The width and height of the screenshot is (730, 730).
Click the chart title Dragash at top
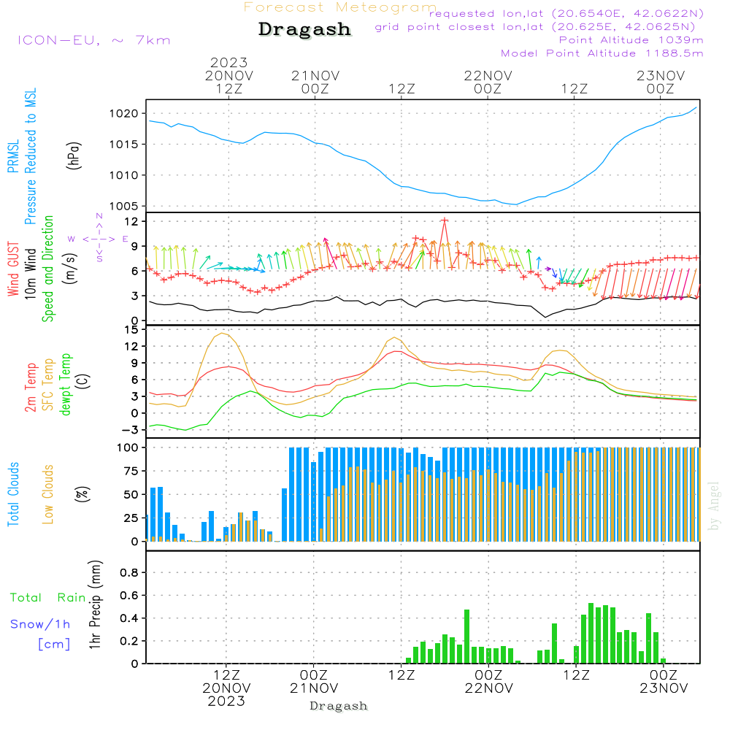(x=304, y=30)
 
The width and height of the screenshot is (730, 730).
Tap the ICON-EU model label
(x=93, y=40)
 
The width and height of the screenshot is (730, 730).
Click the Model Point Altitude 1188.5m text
(x=602, y=53)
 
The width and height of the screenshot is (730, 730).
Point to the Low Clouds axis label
(x=48, y=494)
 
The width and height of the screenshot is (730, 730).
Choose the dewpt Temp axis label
(x=65, y=385)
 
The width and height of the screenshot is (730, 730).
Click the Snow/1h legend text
(x=40, y=624)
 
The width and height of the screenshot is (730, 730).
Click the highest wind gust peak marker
(x=444, y=220)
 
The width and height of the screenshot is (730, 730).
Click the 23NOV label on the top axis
(x=661, y=75)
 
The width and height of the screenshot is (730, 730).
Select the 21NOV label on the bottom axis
(x=314, y=688)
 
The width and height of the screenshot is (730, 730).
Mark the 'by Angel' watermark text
(x=714, y=506)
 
